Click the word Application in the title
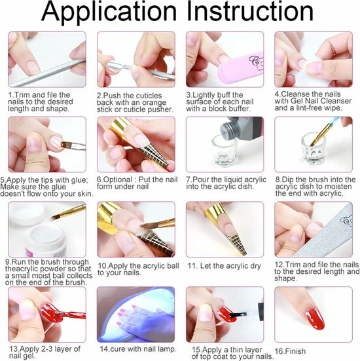109,12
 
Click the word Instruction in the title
250,11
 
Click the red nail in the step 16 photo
315,318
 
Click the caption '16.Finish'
291,351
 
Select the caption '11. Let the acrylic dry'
225,266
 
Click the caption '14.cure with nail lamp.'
138,349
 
